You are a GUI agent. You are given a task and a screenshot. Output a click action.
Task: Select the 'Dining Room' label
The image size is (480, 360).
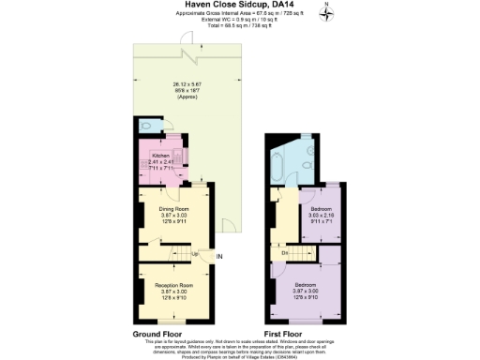[x=173, y=208]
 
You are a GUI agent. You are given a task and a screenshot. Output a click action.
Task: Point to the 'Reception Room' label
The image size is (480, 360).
[x=173, y=284]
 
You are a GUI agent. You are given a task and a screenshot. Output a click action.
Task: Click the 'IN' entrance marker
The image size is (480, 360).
[x=219, y=256]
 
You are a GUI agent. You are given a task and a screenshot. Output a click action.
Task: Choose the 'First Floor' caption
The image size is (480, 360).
[x=287, y=334]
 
